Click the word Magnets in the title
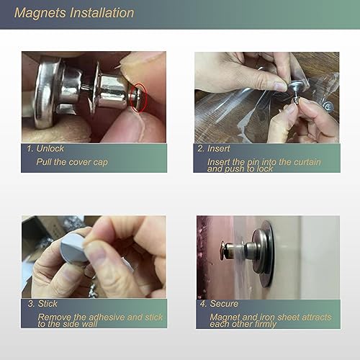click(40, 13)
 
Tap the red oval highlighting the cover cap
click(138, 97)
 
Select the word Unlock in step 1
click(50, 148)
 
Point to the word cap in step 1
click(100, 163)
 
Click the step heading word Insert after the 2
click(219, 148)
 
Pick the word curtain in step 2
click(307, 162)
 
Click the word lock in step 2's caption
click(265, 169)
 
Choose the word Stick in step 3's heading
click(48, 304)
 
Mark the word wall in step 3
click(89, 324)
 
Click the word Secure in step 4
click(224, 304)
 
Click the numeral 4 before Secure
click(203, 304)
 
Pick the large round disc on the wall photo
click(267, 254)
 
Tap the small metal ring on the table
click(328, 106)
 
